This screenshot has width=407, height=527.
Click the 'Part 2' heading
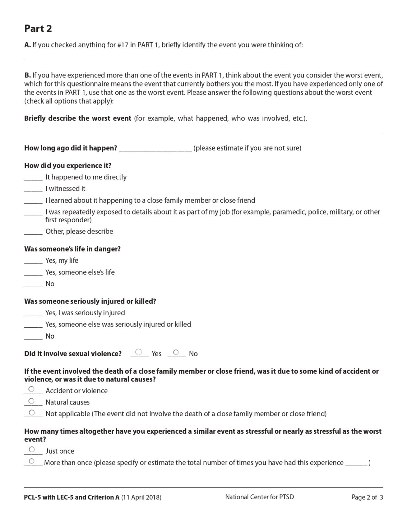pos(38,28)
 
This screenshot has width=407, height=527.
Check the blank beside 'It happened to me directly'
pos(33,178)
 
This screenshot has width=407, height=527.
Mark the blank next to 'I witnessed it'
pos(33,189)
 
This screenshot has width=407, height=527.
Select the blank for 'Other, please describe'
pos(33,232)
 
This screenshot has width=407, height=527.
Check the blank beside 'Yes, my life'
pos(33,261)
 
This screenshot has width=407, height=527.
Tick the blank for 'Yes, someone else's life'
pos(33,273)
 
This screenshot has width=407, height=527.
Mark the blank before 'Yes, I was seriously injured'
pos(33,314)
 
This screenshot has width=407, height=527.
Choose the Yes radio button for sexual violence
pos(139,352)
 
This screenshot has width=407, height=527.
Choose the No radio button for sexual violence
pos(176,352)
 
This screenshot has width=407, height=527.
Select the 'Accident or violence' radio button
pos(32,389)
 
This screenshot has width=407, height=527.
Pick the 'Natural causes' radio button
pos(32,401)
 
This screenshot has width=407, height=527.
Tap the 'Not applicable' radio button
pos(32,412)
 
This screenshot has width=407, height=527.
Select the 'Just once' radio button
pos(32,449)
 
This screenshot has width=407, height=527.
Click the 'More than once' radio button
pos(32,461)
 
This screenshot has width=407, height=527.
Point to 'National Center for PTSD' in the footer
pos(259,497)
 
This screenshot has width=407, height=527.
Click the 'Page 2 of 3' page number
pos(367,497)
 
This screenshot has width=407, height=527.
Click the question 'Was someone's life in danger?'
pos(72,249)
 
